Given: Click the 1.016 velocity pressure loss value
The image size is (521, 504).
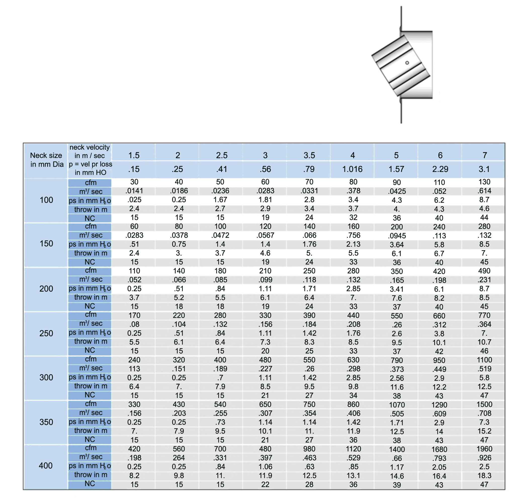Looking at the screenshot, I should point(353,169).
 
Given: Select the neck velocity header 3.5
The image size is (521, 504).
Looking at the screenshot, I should point(309,155).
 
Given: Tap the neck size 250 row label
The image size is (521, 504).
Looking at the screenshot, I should point(46,333).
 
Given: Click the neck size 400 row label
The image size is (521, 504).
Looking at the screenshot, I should point(46,466).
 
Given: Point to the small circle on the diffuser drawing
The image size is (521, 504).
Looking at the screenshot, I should point(407,63).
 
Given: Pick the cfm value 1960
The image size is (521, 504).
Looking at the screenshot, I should point(484,449).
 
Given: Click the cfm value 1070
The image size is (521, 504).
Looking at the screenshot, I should point(397,405).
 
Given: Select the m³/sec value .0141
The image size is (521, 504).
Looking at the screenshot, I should point(134,191).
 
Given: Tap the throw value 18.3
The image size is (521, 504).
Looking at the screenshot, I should point(484,476).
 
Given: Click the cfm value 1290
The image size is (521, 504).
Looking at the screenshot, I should point(439,405).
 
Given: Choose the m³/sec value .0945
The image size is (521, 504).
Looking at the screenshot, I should point(397,236).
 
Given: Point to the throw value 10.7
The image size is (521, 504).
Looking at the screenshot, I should point(484,342).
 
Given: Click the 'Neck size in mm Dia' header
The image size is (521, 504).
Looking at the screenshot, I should point(46,160).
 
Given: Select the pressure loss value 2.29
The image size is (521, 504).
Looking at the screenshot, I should point(440,169).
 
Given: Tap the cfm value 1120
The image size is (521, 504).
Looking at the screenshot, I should point(353,449).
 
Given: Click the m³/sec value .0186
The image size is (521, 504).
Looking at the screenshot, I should point(179,191).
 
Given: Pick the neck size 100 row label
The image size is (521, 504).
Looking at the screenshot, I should point(46,200).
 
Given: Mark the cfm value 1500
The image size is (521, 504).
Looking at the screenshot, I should point(484,405).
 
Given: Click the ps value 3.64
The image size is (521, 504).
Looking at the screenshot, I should point(397,244).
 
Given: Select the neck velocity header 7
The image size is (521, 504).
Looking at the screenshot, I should point(485,155).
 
